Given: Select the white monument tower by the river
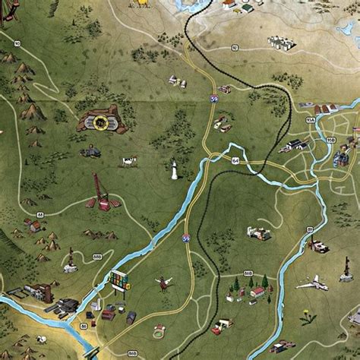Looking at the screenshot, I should click(x=174, y=169).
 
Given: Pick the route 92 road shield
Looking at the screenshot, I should click(x=235, y=47).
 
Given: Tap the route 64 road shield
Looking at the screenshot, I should click(x=235, y=161).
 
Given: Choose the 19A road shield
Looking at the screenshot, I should click(x=309, y=119).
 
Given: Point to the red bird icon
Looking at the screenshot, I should click(x=163, y=284).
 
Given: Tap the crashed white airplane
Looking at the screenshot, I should click(x=312, y=285).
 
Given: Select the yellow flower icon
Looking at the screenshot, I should click(x=307, y=318).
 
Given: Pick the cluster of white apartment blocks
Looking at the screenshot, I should click(x=280, y=43).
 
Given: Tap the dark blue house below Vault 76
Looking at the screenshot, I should click(x=91, y=152).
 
